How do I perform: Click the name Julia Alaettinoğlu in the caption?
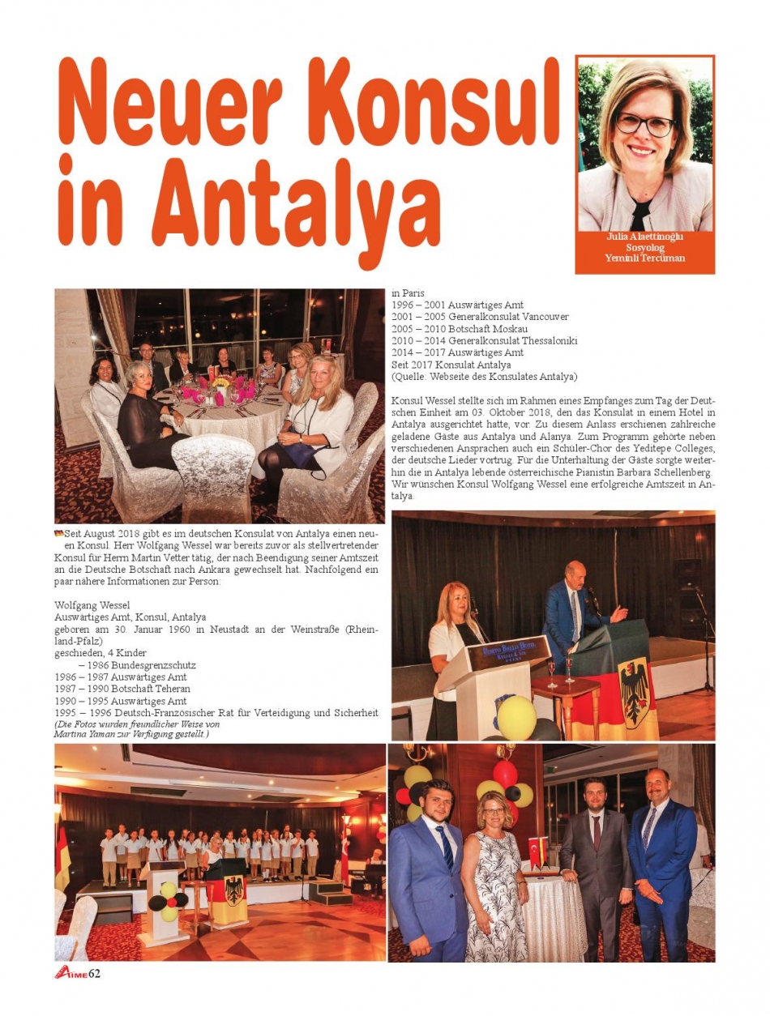tap(645, 237)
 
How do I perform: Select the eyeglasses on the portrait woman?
tap(644, 124)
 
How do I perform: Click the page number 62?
tap(94, 972)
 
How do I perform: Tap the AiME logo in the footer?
tap(70, 972)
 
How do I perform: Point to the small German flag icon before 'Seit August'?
tap(58, 532)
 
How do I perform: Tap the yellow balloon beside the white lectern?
tap(516, 717)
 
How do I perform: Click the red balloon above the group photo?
tap(505, 774)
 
